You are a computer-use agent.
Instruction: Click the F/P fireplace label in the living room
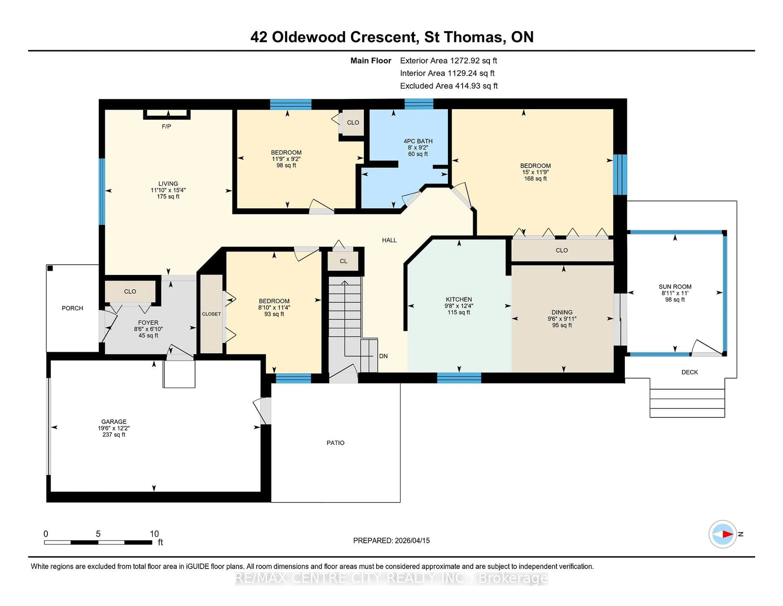point(166,126)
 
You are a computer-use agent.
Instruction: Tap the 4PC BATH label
point(418,141)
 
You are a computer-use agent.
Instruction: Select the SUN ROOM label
point(675,286)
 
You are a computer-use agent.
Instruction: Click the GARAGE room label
point(114,421)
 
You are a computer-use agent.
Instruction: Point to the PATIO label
point(335,443)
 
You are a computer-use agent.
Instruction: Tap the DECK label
point(689,372)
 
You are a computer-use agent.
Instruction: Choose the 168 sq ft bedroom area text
point(535,178)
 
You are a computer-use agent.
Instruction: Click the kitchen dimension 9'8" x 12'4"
point(459,306)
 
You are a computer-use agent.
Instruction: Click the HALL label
point(389,240)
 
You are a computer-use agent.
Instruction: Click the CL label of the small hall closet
point(343,261)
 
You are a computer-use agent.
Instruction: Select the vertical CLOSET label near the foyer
point(211,314)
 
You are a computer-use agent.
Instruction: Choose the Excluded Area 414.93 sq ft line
point(449,86)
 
